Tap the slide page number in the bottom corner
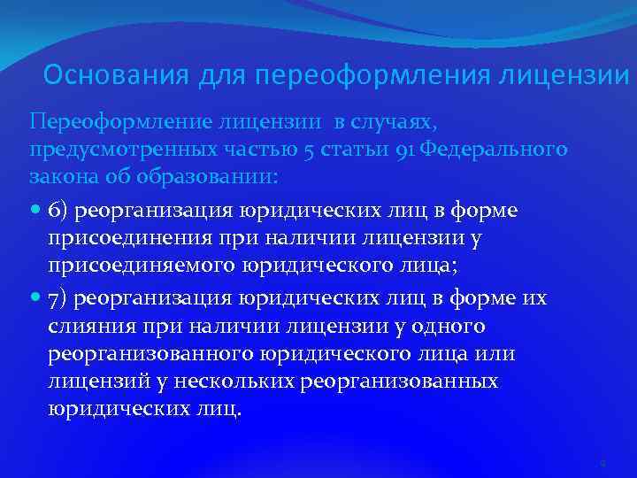pyautogui.click(x=601, y=463)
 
